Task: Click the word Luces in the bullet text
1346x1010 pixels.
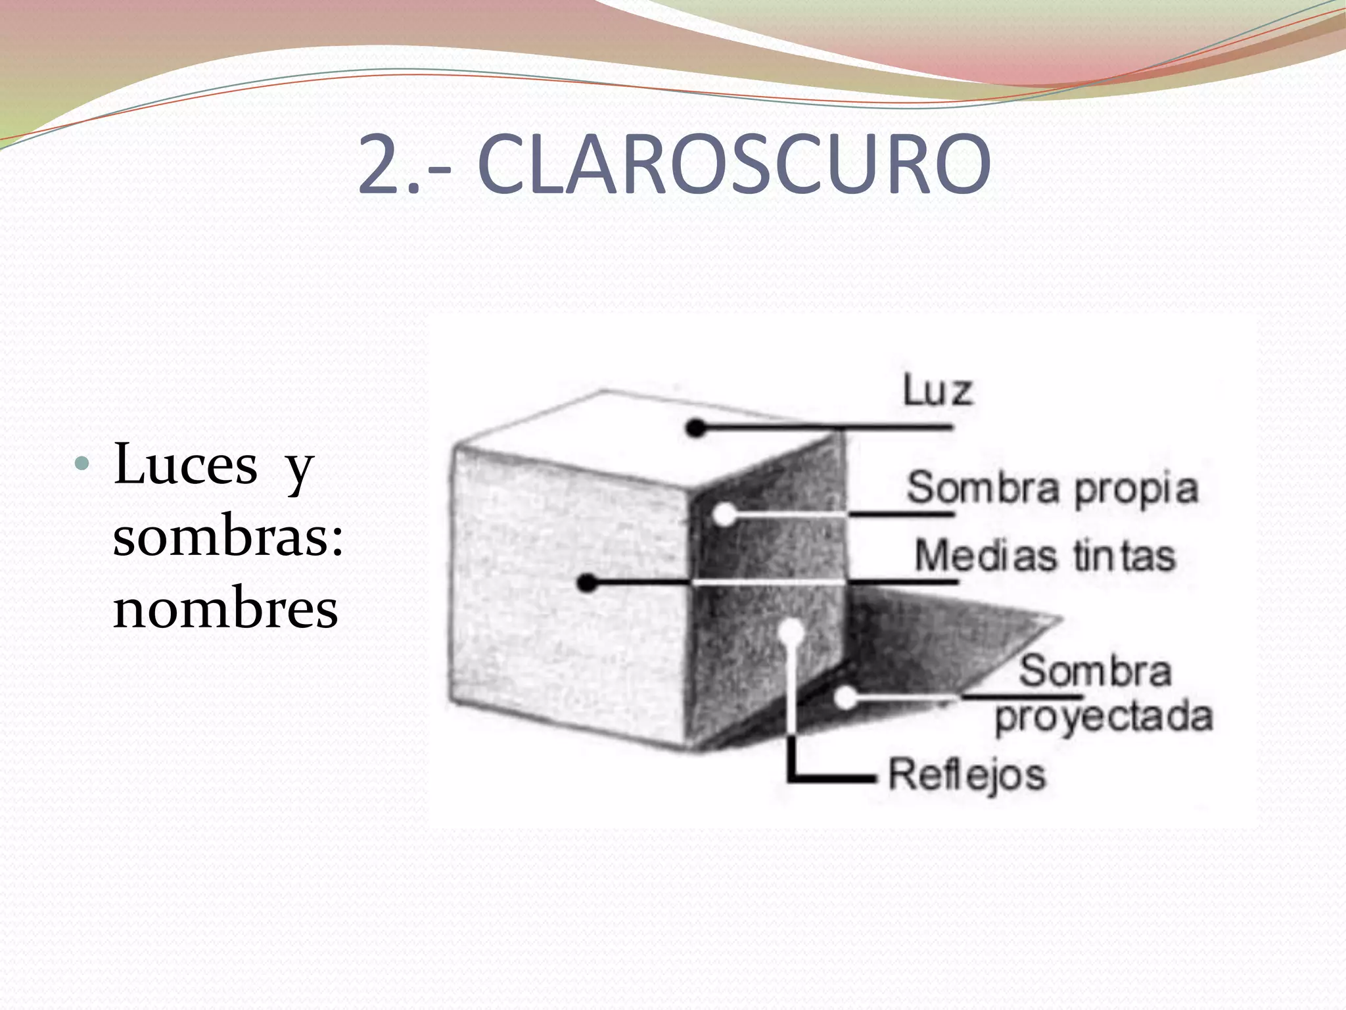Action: click(x=186, y=465)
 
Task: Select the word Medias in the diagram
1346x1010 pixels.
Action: click(x=985, y=556)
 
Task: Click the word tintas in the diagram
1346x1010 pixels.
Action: click(x=1124, y=556)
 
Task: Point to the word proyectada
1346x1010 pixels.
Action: click(x=1103, y=717)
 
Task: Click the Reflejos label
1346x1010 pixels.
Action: click(x=967, y=775)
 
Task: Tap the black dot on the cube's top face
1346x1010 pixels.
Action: click(x=695, y=429)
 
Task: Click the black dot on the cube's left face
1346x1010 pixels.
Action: click(x=588, y=583)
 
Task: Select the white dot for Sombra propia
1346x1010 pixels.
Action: click(x=724, y=514)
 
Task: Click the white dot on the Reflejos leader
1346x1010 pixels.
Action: click(x=793, y=631)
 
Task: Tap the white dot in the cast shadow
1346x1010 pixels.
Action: click(x=847, y=698)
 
